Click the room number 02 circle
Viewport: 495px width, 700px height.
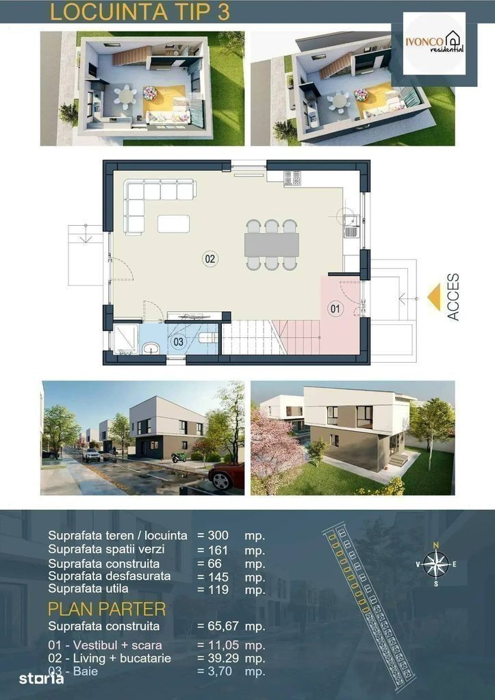(x=210, y=259)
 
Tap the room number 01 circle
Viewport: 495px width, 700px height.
(x=335, y=309)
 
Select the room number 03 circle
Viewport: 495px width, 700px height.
(x=178, y=342)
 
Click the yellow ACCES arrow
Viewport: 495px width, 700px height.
(x=434, y=297)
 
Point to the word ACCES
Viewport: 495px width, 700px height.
(x=453, y=297)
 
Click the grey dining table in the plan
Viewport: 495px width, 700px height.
(x=272, y=245)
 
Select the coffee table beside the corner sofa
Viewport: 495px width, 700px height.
(x=173, y=224)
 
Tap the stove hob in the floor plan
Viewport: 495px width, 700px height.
(x=292, y=178)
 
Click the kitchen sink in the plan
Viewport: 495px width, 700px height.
(x=352, y=226)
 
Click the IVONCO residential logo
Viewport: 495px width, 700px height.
(x=434, y=43)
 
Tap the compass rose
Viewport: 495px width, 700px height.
(x=436, y=564)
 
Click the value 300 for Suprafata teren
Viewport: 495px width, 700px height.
(x=218, y=535)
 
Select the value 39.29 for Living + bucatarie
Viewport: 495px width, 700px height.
(x=224, y=658)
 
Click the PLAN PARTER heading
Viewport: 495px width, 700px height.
(x=107, y=609)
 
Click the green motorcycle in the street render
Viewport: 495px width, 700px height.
(x=179, y=457)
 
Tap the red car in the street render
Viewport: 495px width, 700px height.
(x=227, y=476)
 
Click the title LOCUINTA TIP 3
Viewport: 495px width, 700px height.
(x=140, y=12)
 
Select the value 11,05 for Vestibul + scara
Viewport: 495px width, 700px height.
(x=224, y=645)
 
